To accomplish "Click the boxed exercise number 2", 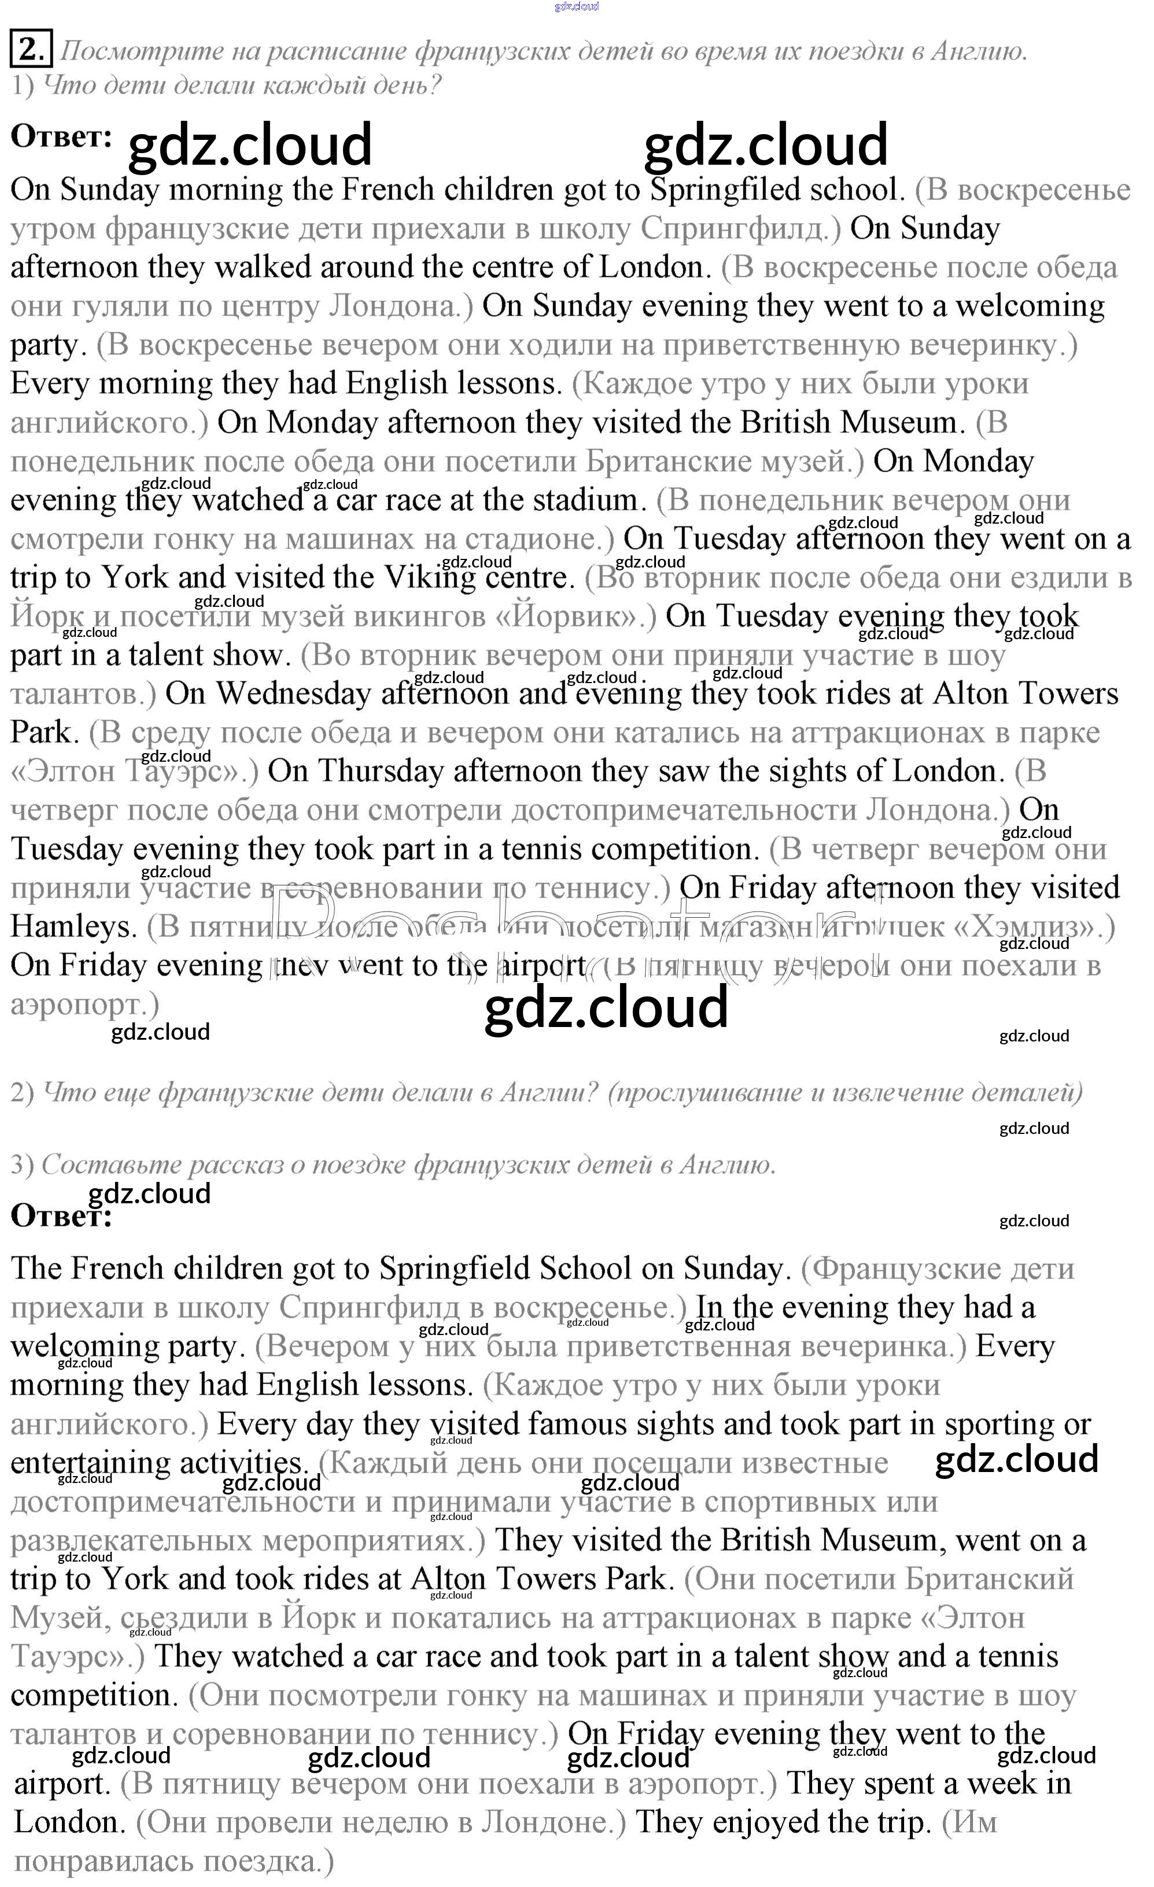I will [31, 50].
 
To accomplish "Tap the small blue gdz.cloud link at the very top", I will [576, 6].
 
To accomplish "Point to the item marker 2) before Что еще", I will [21, 1093].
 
